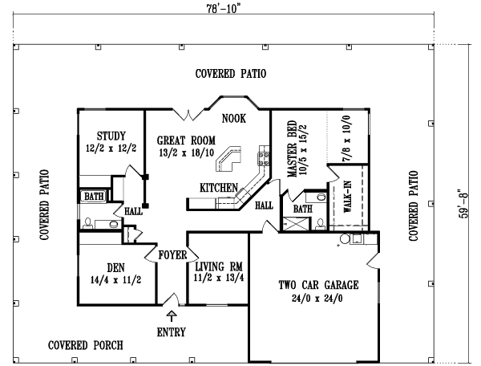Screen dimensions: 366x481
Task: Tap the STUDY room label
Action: coord(111,135)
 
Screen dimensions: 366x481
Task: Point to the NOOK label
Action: coord(234,118)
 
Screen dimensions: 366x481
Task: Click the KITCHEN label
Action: coord(219,188)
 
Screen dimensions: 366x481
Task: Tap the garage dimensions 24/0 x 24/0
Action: coord(318,297)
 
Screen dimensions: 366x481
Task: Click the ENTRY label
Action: coord(171,331)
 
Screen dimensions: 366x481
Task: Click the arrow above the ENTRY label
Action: coord(171,319)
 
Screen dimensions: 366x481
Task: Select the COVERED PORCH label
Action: coord(85,346)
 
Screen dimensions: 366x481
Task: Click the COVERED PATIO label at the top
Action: coord(231,74)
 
